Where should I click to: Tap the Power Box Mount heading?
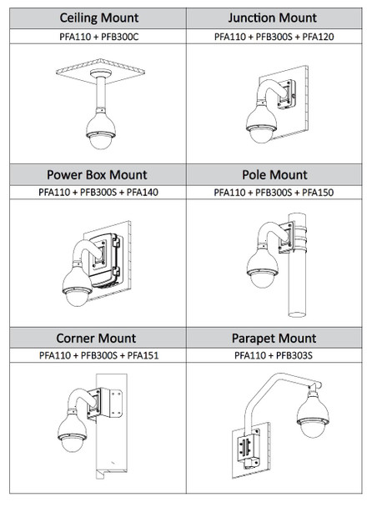[98, 175]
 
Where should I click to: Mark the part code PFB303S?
[299, 356]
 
